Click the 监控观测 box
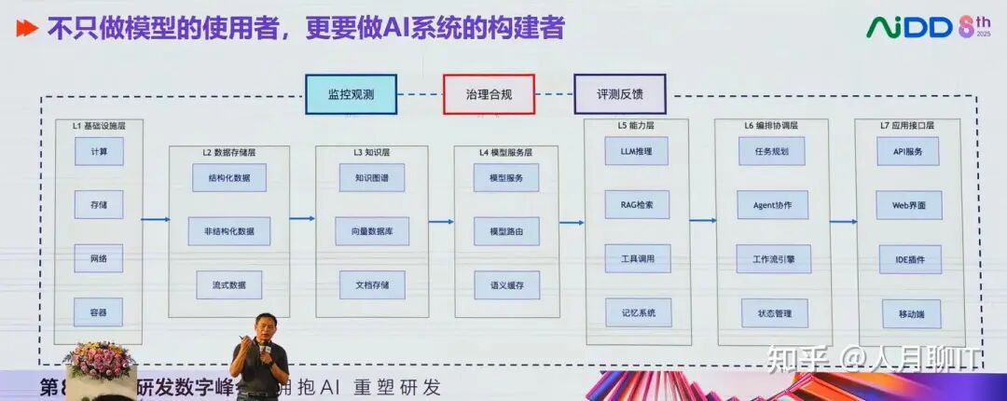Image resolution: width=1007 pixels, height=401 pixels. click(351, 94)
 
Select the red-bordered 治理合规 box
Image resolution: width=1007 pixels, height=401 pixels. click(490, 94)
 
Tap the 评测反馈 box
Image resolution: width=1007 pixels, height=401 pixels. click(620, 94)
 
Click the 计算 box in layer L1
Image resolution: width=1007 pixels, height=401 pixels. click(99, 151)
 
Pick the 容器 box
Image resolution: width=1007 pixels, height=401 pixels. click(99, 312)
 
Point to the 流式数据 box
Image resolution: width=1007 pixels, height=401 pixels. click(228, 284)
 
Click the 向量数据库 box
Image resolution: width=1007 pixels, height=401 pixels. click(372, 231)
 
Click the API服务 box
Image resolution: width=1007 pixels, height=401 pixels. click(907, 151)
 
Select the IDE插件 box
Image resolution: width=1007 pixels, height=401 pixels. click(907, 258)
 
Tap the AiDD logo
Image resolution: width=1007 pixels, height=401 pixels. click(917, 27)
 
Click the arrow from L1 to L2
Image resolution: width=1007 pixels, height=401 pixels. click(156, 220)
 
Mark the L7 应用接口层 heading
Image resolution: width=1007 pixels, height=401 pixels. click(907, 125)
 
